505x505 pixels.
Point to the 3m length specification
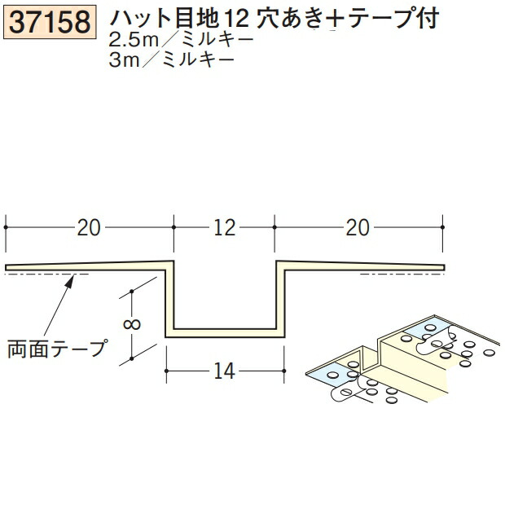(130, 59)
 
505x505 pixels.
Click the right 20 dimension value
(358, 227)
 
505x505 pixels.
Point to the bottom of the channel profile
(224, 332)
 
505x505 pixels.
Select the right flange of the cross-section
(362, 266)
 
